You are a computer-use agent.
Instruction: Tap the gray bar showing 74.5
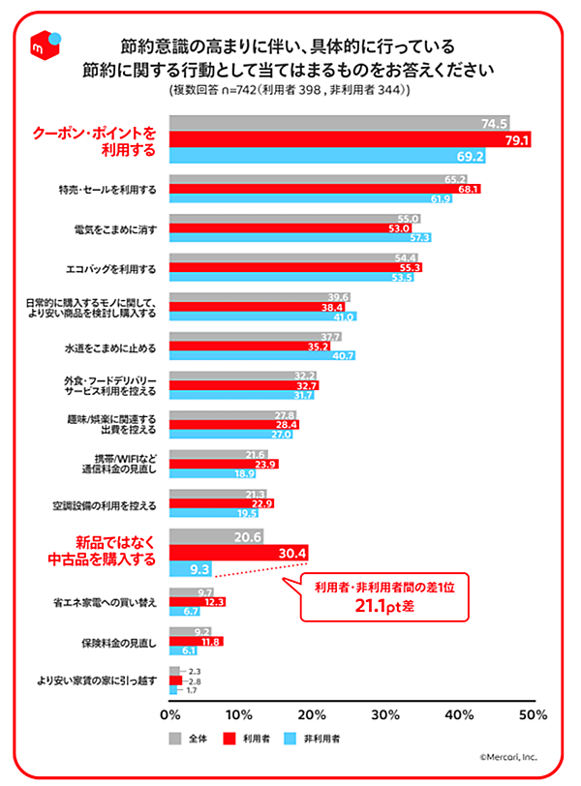pyautogui.click(x=340, y=124)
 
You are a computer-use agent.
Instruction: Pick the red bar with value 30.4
pyautogui.click(x=239, y=553)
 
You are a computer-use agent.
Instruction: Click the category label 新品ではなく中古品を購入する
pyautogui.click(x=102, y=551)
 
